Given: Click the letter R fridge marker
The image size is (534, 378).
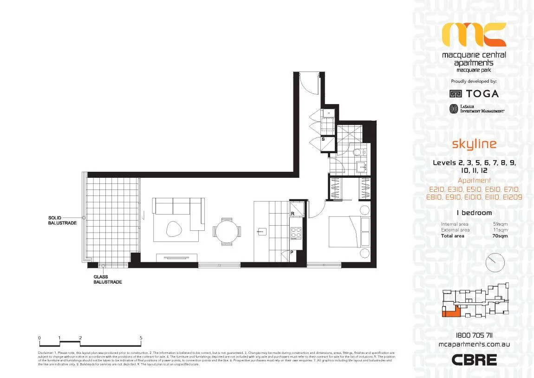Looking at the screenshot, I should [293, 214].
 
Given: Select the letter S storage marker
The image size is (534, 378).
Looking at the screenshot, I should [324, 139].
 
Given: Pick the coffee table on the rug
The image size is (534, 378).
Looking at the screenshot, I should [175, 228].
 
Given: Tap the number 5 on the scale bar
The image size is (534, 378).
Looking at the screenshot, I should [141, 338].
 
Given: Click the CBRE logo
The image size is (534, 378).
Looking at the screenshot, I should [474, 359].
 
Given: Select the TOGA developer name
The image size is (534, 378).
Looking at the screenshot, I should [482, 93].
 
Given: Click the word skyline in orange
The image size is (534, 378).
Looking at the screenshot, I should [474, 144].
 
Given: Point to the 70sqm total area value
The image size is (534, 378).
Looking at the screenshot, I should [500, 236].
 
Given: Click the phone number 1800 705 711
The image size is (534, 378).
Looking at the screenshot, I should [474, 336].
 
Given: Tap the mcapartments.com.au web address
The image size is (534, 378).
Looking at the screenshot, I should [474, 345].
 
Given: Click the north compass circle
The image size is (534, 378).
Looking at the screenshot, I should [494, 263].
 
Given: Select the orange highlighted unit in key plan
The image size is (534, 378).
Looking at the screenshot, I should [450, 312].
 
